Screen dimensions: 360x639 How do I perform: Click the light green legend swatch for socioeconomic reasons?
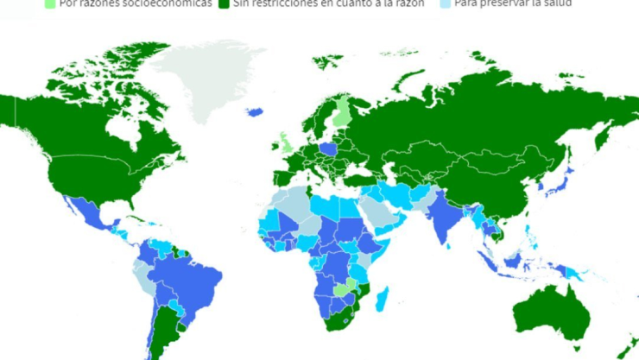(50, 3)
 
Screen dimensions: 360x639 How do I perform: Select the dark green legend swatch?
(224, 3)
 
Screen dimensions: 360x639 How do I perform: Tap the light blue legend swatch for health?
(445, 3)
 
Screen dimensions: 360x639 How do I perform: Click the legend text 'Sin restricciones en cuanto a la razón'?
(328, 3)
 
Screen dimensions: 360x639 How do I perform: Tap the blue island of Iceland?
(255, 111)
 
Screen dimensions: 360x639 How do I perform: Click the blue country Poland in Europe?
(329, 149)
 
